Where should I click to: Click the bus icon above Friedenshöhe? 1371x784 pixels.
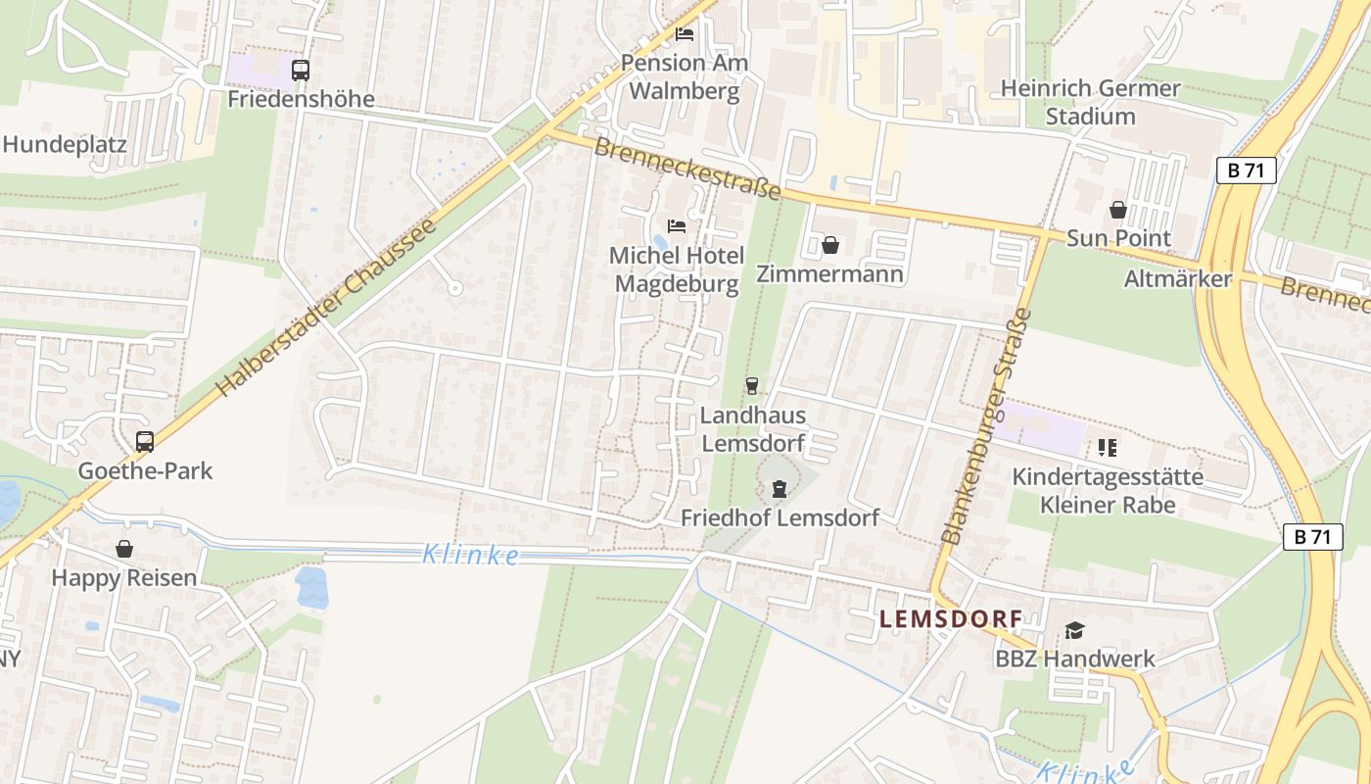pos(301,71)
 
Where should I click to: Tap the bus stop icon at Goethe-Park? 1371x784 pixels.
pos(145,442)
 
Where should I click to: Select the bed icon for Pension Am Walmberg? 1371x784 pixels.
pos(685,34)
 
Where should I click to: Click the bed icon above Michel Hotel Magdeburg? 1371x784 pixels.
pos(676,226)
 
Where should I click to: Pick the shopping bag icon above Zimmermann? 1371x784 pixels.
pos(830,245)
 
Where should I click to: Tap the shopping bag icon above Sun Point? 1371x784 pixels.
pos(1117,210)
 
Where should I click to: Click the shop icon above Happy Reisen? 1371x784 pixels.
pos(124,549)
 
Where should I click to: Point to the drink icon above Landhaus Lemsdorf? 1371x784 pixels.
pos(752,386)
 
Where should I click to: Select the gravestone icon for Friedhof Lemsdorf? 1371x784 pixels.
pos(780,488)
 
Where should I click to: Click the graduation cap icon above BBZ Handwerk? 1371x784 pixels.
pos(1074,630)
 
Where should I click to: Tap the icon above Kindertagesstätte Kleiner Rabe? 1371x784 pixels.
pos(1108,448)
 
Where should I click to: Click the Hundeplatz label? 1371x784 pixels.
pos(65,145)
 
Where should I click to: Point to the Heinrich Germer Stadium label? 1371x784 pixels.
pos(1090,102)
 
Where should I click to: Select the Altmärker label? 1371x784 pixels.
pos(1177,279)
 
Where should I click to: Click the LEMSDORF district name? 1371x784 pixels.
pos(951,619)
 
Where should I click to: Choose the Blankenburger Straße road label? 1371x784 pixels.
pos(987,426)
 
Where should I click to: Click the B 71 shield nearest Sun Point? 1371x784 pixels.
pos(1247,171)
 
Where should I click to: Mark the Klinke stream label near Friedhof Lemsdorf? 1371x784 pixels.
pos(471,556)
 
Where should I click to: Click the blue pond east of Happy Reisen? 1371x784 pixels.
pos(311,587)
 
